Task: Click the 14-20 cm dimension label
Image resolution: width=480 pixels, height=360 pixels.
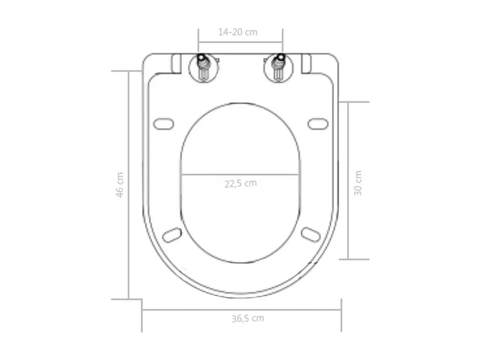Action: tap(238, 32)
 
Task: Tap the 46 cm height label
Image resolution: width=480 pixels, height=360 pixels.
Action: tap(120, 185)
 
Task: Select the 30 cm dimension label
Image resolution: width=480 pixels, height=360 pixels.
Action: tap(358, 183)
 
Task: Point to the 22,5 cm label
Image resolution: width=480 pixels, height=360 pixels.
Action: tap(240, 183)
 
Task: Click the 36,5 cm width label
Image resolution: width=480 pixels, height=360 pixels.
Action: tap(248, 318)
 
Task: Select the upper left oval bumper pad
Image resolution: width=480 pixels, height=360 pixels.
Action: tap(164, 124)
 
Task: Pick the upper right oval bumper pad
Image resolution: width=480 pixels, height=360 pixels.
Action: tap(318, 124)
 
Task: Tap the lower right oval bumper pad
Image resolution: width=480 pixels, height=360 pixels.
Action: tap(311, 235)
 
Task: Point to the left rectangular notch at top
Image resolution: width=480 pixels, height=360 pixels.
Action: tap(175, 63)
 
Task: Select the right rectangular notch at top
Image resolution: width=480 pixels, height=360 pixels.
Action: tap(306, 63)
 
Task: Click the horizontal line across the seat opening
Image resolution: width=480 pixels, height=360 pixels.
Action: tap(240, 175)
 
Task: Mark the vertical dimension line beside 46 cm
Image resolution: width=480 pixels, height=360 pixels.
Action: tap(129, 185)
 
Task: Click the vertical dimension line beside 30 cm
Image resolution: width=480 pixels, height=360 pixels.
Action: tap(348, 181)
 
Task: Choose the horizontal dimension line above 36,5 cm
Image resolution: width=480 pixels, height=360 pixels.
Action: tap(242, 309)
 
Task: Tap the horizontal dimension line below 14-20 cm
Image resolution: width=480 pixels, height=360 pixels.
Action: tap(240, 42)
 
